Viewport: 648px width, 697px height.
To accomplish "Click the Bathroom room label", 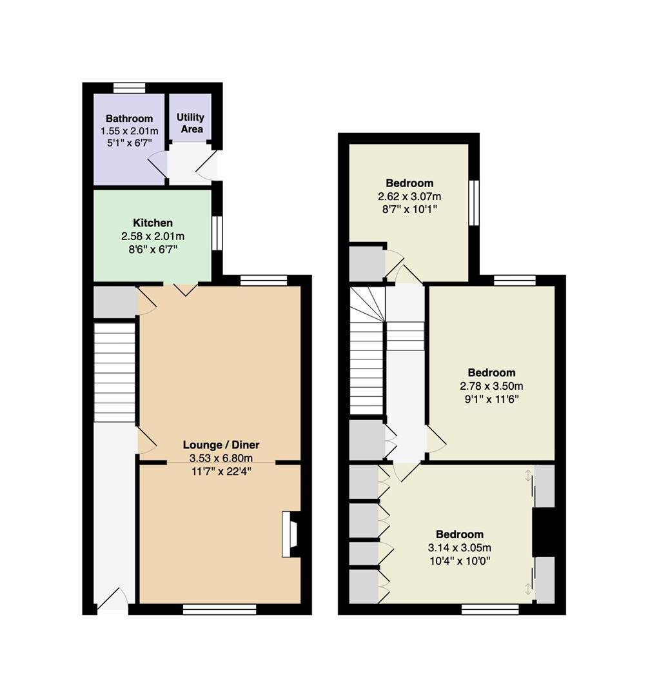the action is click(x=129, y=119).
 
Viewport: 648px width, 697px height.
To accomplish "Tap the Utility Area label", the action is click(x=191, y=123).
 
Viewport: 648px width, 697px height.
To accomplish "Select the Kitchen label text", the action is click(x=153, y=223).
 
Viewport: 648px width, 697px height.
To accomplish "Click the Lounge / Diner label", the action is click(x=221, y=445).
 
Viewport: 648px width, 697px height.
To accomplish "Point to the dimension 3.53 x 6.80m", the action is click(x=221, y=458).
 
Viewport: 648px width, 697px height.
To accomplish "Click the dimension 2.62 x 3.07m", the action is click(x=409, y=196).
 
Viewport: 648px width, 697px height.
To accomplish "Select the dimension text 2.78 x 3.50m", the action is click(x=492, y=386).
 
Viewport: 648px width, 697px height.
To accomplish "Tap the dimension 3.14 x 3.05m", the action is click(x=460, y=548).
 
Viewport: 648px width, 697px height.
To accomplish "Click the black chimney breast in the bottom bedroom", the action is click(x=544, y=532).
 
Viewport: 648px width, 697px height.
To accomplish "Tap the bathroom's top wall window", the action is click(x=129, y=88).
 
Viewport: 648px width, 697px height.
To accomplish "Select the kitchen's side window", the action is click(x=217, y=233).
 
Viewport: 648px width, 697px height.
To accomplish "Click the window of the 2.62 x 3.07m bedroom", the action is click(x=475, y=202).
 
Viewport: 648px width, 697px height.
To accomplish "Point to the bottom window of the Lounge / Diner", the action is click(x=220, y=609).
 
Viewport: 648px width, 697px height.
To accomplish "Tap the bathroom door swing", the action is click(x=158, y=165).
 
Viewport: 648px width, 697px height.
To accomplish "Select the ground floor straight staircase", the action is click(x=115, y=372).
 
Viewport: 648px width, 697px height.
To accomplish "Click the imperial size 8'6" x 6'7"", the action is click(x=153, y=249).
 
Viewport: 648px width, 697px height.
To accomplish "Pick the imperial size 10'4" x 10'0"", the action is click(x=460, y=561).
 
